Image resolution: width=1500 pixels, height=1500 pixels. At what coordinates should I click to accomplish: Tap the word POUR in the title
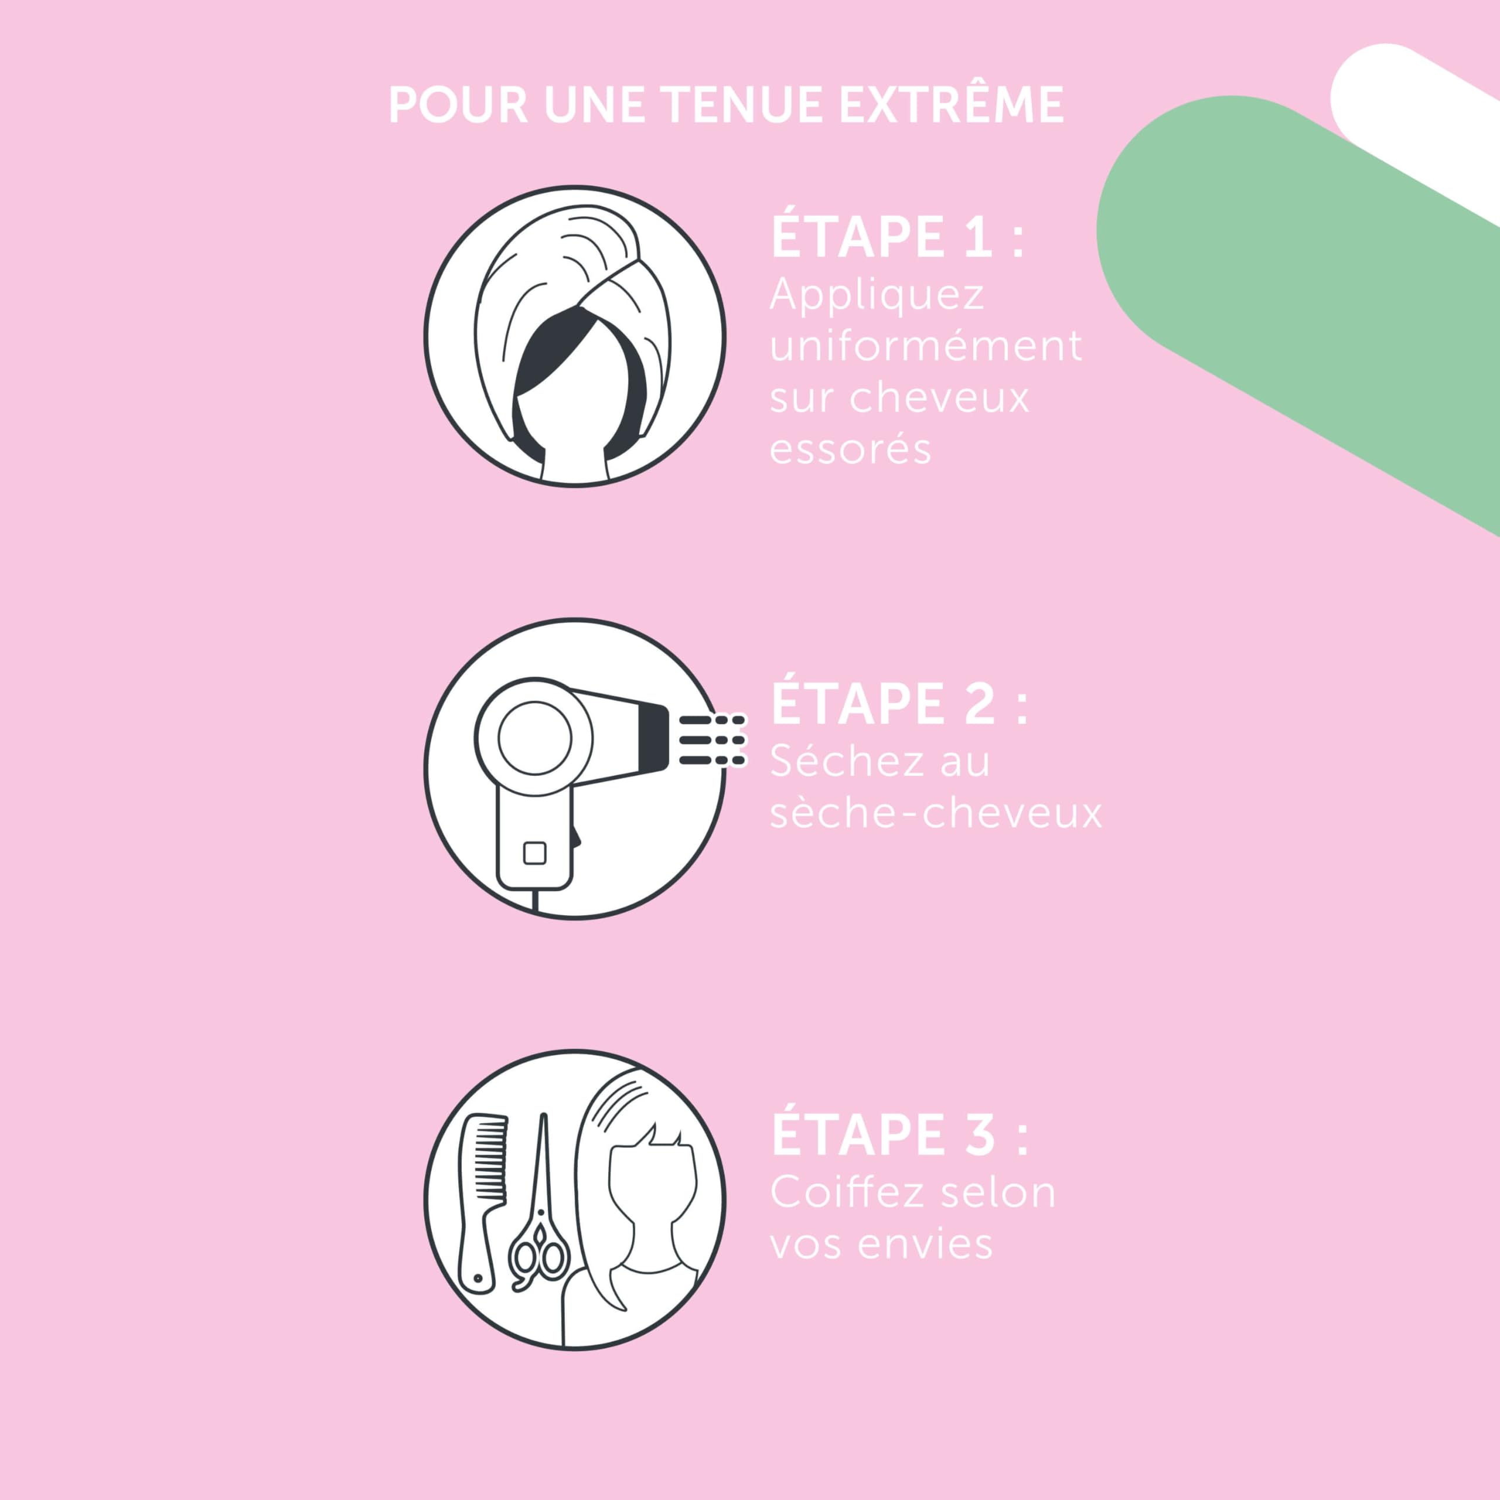pyautogui.click(x=459, y=105)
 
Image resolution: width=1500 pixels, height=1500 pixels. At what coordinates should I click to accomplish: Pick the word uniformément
pyautogui.click(x=925, y=346)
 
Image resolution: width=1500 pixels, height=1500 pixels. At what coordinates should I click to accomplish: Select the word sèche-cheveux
pyautogui.click(x=936, y=813)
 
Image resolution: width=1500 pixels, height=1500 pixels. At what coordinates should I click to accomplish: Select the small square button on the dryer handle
pyautogui.click(x=535, y=853)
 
